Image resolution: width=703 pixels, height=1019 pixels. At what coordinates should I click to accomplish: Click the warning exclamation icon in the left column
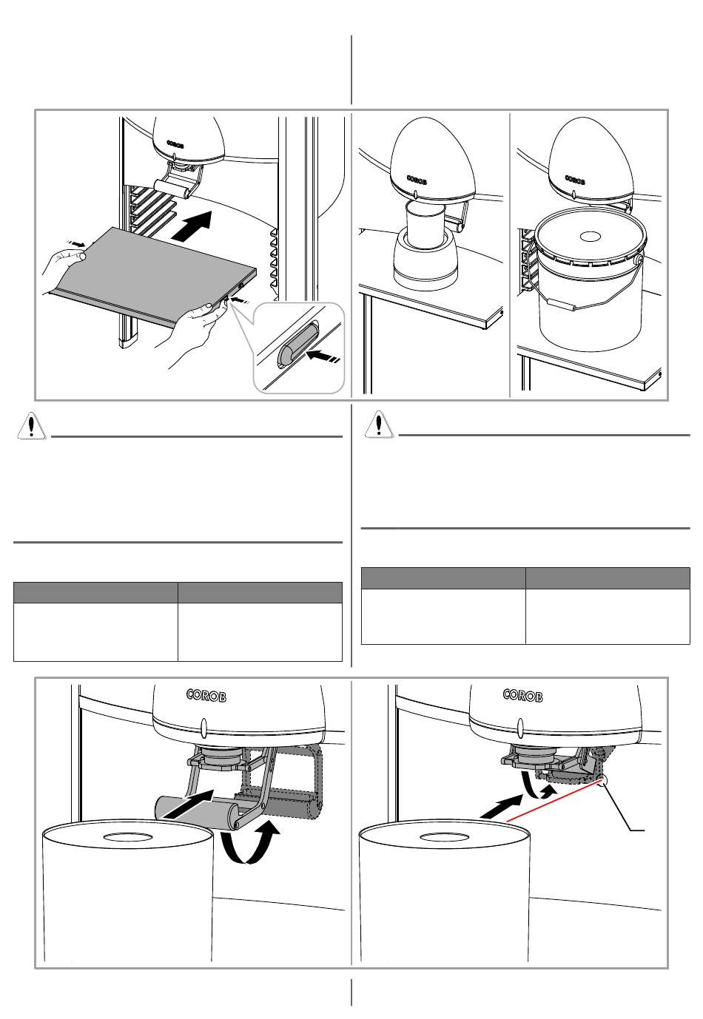click(30, 427)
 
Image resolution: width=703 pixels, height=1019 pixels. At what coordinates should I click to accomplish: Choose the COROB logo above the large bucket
click(579, 180)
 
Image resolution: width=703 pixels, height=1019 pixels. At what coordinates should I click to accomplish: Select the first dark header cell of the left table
click(95, 592)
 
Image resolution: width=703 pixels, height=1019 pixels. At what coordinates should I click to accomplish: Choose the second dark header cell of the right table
click(608, 578)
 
